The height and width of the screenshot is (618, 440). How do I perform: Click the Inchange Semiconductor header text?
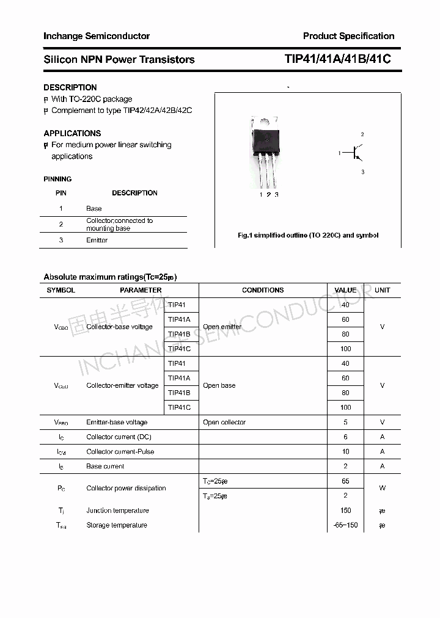(x=97, y=36)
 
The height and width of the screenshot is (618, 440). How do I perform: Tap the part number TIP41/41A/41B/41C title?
(x=337, y=59)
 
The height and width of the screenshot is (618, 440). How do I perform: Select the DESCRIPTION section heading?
(x=70, y=87)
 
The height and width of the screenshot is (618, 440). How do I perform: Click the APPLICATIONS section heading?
(x=72, y=133)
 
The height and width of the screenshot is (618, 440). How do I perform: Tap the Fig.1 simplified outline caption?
(x=308, y=235)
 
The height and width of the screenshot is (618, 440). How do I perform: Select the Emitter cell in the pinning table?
(x=97, y=241)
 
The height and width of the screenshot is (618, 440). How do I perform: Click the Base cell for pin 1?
(x=94, y=208)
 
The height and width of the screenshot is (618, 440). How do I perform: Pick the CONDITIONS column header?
(x=263, y=290)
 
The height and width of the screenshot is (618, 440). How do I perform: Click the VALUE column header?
(x=345, y=290)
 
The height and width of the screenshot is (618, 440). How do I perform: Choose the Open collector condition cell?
(x=224, y=422)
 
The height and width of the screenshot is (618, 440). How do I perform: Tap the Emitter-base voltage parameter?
(x=117, y=422)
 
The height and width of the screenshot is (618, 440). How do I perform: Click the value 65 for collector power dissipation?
(x=345, y=481)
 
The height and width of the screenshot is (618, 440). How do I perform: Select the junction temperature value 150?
(x=345, y=511)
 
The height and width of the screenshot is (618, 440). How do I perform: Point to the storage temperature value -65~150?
(x=345, y=525)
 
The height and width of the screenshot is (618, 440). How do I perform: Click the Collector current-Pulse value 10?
(x=345, y=451)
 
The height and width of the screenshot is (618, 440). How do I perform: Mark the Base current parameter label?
(x=105, y=466)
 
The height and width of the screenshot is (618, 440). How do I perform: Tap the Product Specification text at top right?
(x=348, y=36)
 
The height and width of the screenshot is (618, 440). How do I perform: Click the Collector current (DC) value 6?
(x=345, y=437)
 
